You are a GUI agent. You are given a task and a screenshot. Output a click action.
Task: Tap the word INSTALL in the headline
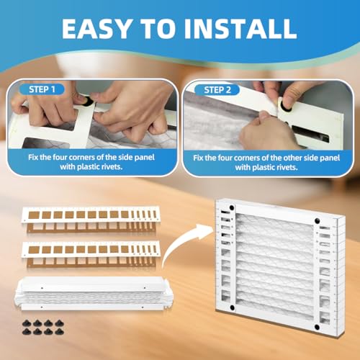pyautogui.click(x=240, y=29)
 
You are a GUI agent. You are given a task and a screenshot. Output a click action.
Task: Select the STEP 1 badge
pyautogui.click(x=42, y=89)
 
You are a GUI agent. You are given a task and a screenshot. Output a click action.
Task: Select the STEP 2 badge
pyautogui.click(x=217, y=90)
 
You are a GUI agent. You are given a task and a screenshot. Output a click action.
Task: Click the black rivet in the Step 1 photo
pyautogui.click(x=88, y=102)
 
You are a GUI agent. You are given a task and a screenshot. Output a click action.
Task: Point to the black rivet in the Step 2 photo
pyautogui.click(x=287, y=107)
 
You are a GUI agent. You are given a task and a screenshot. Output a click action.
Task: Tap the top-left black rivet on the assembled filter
pyautogui.click(x=232, y=207)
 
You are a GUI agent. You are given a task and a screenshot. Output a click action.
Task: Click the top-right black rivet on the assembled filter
pyautogui.click(x=317, y=220)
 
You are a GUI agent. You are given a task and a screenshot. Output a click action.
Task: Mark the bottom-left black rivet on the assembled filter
pyautogui.click(x=233, y=307)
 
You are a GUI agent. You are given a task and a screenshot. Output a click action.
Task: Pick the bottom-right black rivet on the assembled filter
pyautogui.click(x=317, y=327)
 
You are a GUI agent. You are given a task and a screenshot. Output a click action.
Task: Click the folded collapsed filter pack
pyautogui.click(x=94, y=293)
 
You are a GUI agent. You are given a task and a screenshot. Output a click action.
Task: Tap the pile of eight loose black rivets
pyautogui.click(x=43, y=328)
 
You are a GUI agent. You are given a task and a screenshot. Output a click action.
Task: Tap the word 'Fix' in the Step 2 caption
pyautogui.click(x=199, y=158)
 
